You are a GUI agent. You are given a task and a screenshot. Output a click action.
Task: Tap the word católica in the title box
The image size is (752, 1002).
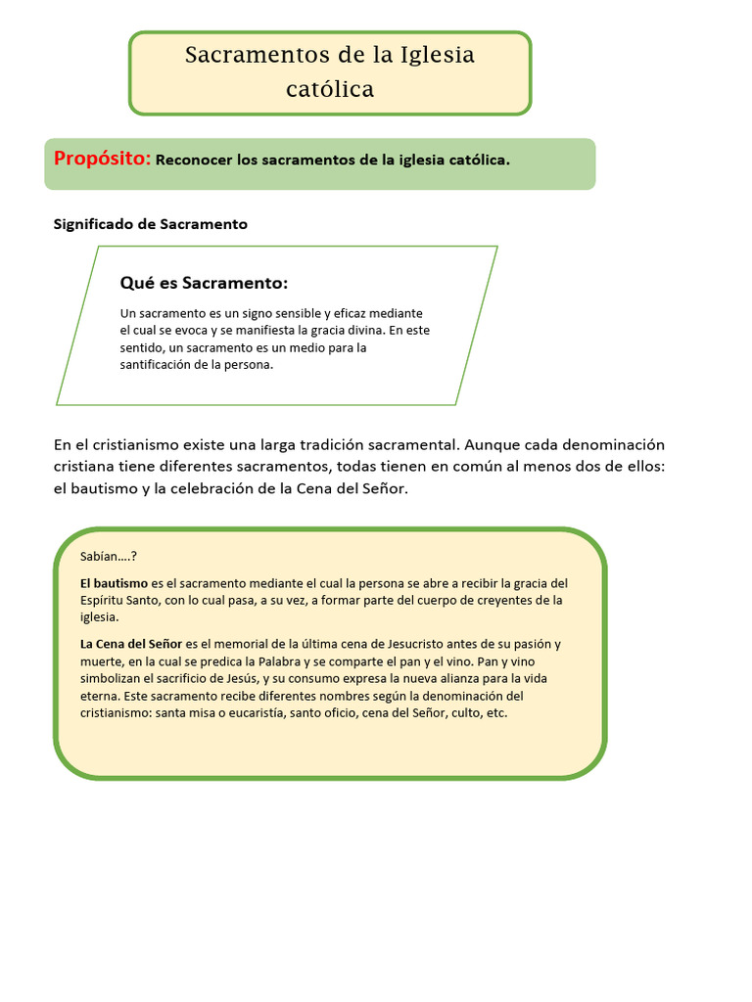tap(330, 89)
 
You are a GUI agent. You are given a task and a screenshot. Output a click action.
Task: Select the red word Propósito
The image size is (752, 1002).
tap(102, 159)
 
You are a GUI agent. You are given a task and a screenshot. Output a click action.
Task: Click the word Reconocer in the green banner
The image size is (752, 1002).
tap(194, 159)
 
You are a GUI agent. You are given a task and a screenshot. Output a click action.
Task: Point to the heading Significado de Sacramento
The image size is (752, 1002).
tap(150, 224)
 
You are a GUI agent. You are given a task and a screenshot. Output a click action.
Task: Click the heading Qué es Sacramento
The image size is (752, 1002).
tap(204, 283)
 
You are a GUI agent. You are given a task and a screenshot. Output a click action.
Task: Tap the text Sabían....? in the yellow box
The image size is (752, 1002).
tap(109, 557)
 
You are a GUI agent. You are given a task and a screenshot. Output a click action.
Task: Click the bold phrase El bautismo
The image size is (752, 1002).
tap(115, 583)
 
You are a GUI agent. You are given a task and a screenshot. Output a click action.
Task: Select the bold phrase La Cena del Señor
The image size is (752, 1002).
tap(131, 644)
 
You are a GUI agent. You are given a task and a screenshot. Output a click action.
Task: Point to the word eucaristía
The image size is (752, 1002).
tap(258, 713)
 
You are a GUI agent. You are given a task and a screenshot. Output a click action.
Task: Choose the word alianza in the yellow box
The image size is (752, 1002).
tap(465, 678)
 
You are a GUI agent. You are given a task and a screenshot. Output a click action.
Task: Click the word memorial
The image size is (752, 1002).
tap(244, 644)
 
